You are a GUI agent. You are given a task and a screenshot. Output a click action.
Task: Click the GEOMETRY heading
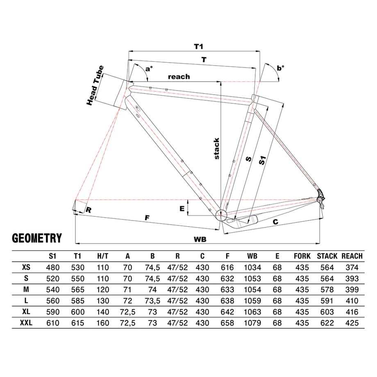[x=37, y=238]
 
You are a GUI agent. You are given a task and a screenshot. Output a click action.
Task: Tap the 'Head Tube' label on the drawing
[x=95, y=85]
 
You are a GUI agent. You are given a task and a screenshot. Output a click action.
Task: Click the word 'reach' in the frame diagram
[x=179, y=77]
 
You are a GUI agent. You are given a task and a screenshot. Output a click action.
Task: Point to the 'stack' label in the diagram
[x=217, y=148]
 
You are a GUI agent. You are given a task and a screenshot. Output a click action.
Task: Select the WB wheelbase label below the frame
[x=200, y=239]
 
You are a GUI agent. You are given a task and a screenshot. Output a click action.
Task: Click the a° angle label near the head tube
[x=149, y=69]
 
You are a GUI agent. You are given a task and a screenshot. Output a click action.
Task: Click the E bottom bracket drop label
[x=182, y=209]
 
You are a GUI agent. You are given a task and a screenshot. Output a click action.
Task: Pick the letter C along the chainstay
[x=275, y=222]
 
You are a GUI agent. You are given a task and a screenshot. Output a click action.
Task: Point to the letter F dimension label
[x=147, y=218]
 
